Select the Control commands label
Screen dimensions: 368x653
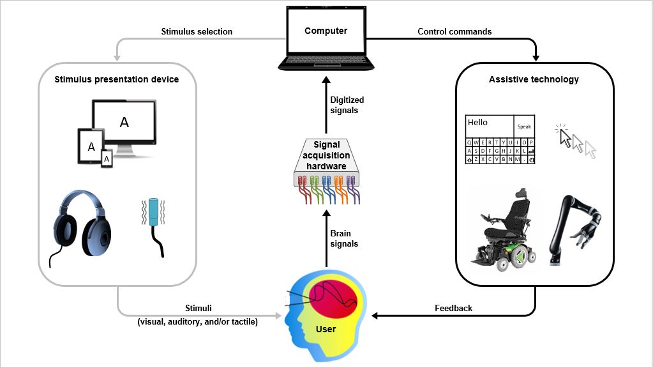pyautogui.click(x=454, y=31)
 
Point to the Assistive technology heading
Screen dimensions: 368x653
pyautogui.click(x=534, y=80)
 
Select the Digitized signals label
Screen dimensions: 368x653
pyautogui.click(x=344, y=105)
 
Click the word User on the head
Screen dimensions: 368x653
pyautogui.click(x=326, y=330)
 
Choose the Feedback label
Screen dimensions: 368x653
pyautogui.click(x=454, y=308)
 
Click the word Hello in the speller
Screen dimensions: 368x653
pyautogui.click(x=477, y=122)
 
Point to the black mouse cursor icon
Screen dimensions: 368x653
pyautogui.click(x=564, y=137)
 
